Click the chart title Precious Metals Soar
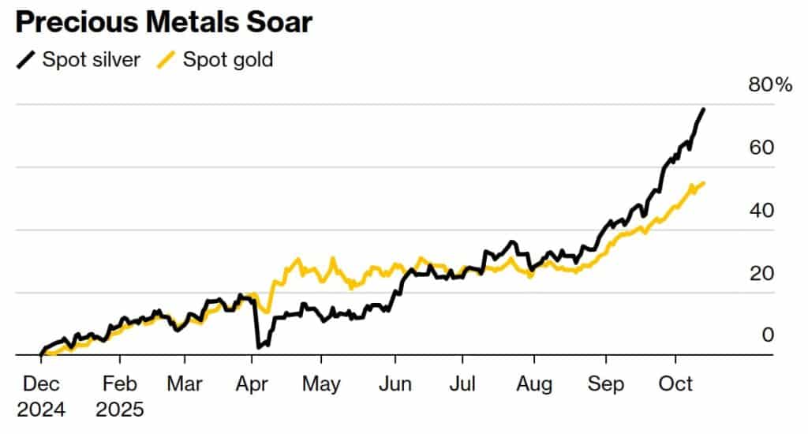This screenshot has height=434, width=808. [163, 23]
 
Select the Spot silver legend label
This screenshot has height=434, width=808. [92, 60]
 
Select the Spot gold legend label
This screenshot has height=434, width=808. [228, 60]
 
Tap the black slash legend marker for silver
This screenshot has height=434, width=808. [25, 60]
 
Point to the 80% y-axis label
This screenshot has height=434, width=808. [769, 85]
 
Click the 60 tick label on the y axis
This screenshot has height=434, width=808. [762, 148]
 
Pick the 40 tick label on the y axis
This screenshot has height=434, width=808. [762, 211]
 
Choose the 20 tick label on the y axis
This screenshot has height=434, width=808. [762, 274]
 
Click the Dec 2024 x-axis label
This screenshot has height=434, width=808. [41, 397]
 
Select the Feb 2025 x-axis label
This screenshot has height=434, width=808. [120, 397]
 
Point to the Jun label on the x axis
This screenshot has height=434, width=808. [395, 384]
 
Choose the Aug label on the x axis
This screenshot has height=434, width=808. [534, 384]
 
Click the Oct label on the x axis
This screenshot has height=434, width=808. [675, 384]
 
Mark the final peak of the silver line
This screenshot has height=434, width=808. [703, 110]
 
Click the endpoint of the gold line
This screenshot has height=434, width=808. [704, 183]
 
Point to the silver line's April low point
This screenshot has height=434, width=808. [259, 346]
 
